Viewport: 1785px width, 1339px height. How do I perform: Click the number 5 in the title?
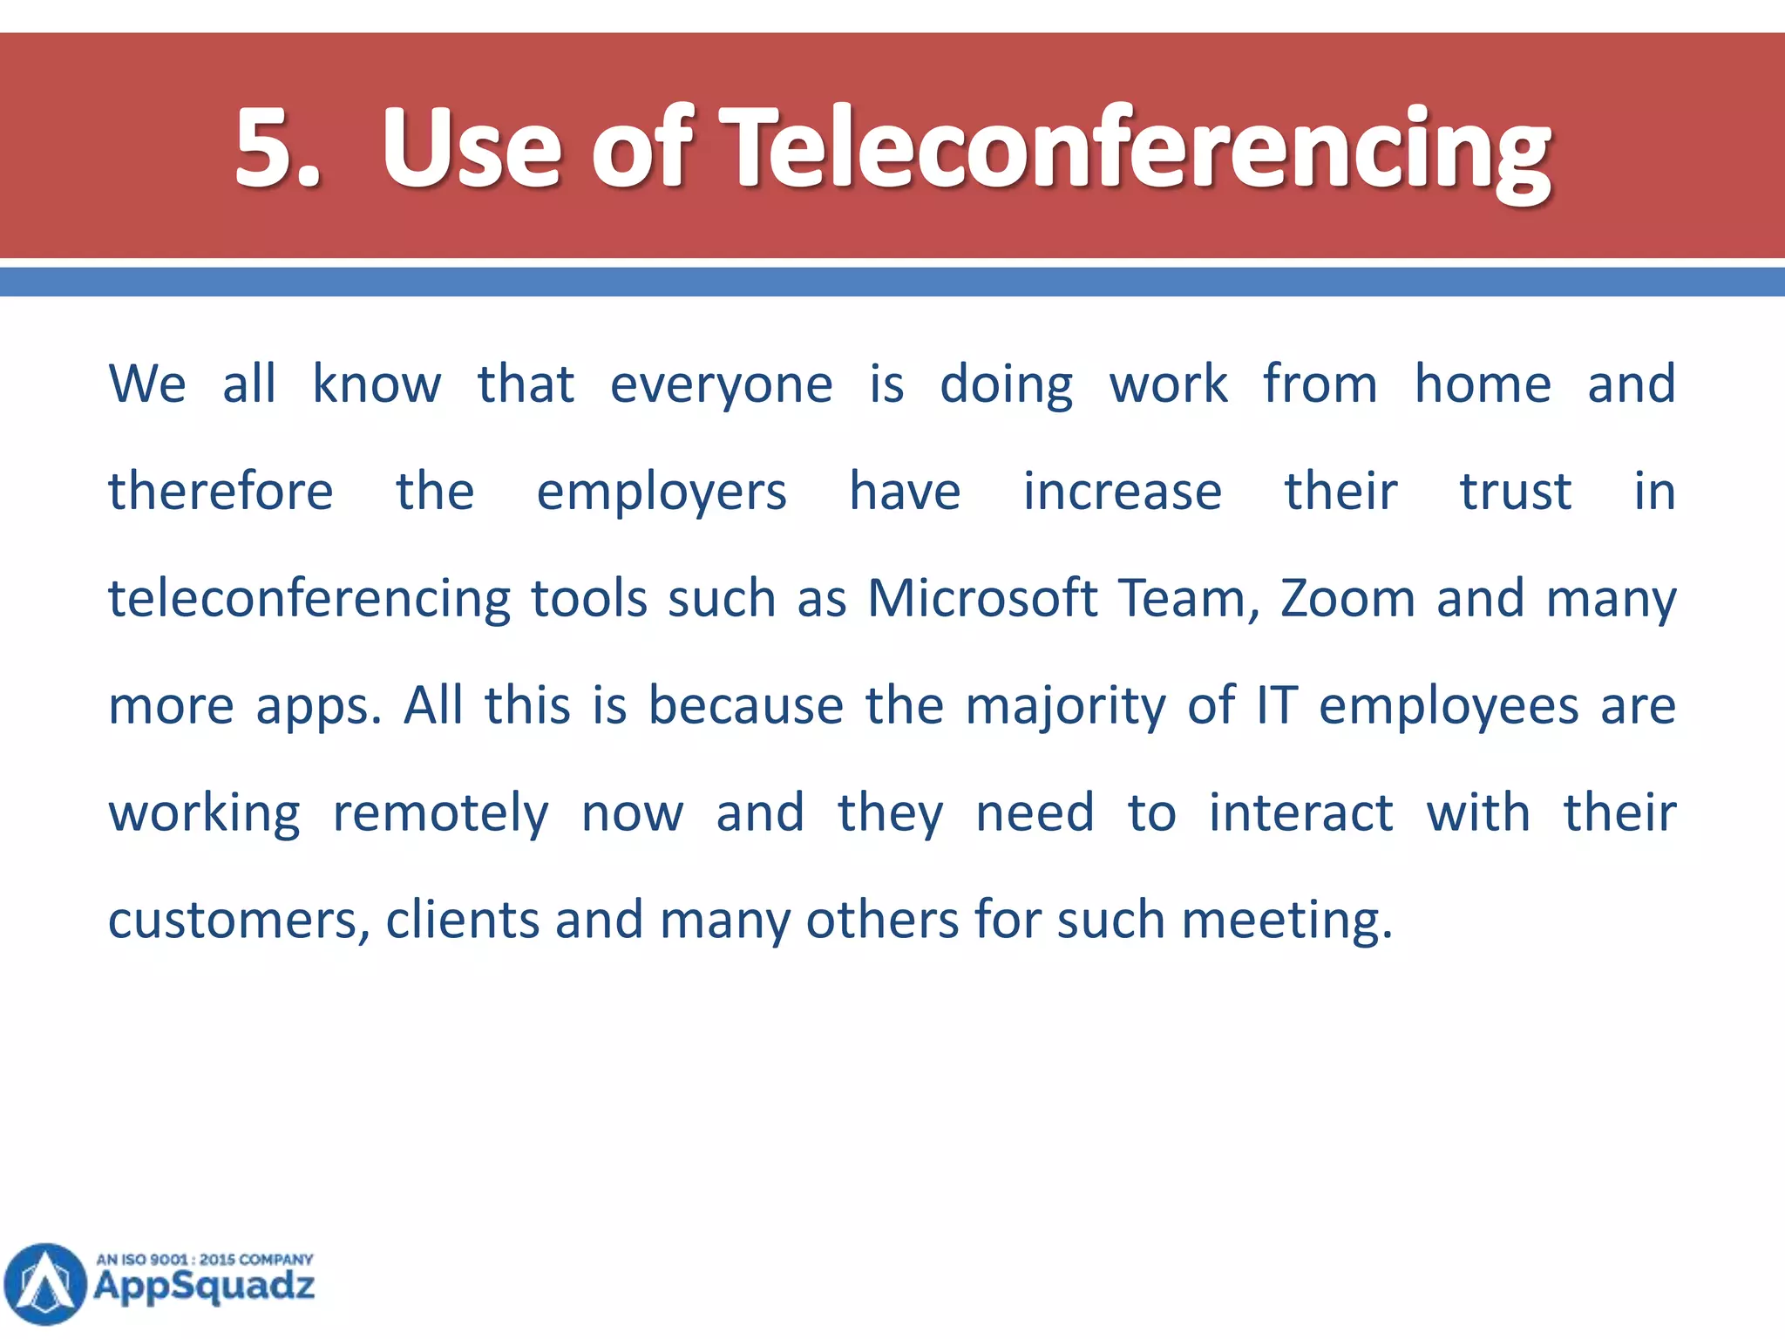tap(265, 148)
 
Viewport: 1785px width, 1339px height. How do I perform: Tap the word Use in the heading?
tap(472, 148)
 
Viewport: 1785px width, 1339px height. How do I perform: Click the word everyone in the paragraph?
tap(721, 384)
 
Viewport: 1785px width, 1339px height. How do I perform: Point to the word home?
tap(1482, 384)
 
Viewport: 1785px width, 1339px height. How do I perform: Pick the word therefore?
tap(221, 492)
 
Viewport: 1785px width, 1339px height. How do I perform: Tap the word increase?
tap(1123, 492)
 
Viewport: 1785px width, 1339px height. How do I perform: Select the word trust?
tap(1516, 492)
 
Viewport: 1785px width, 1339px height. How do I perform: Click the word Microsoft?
tap(982, 599)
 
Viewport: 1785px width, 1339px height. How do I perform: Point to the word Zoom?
tap(1347, 599)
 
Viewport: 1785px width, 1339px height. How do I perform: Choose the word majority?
tap(1065, 707)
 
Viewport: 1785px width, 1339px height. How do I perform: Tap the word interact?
tap(1300, 813)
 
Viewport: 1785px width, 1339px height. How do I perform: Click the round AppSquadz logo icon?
tap(45, 1283)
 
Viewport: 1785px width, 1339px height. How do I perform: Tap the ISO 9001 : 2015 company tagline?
tap(204, 1260)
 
